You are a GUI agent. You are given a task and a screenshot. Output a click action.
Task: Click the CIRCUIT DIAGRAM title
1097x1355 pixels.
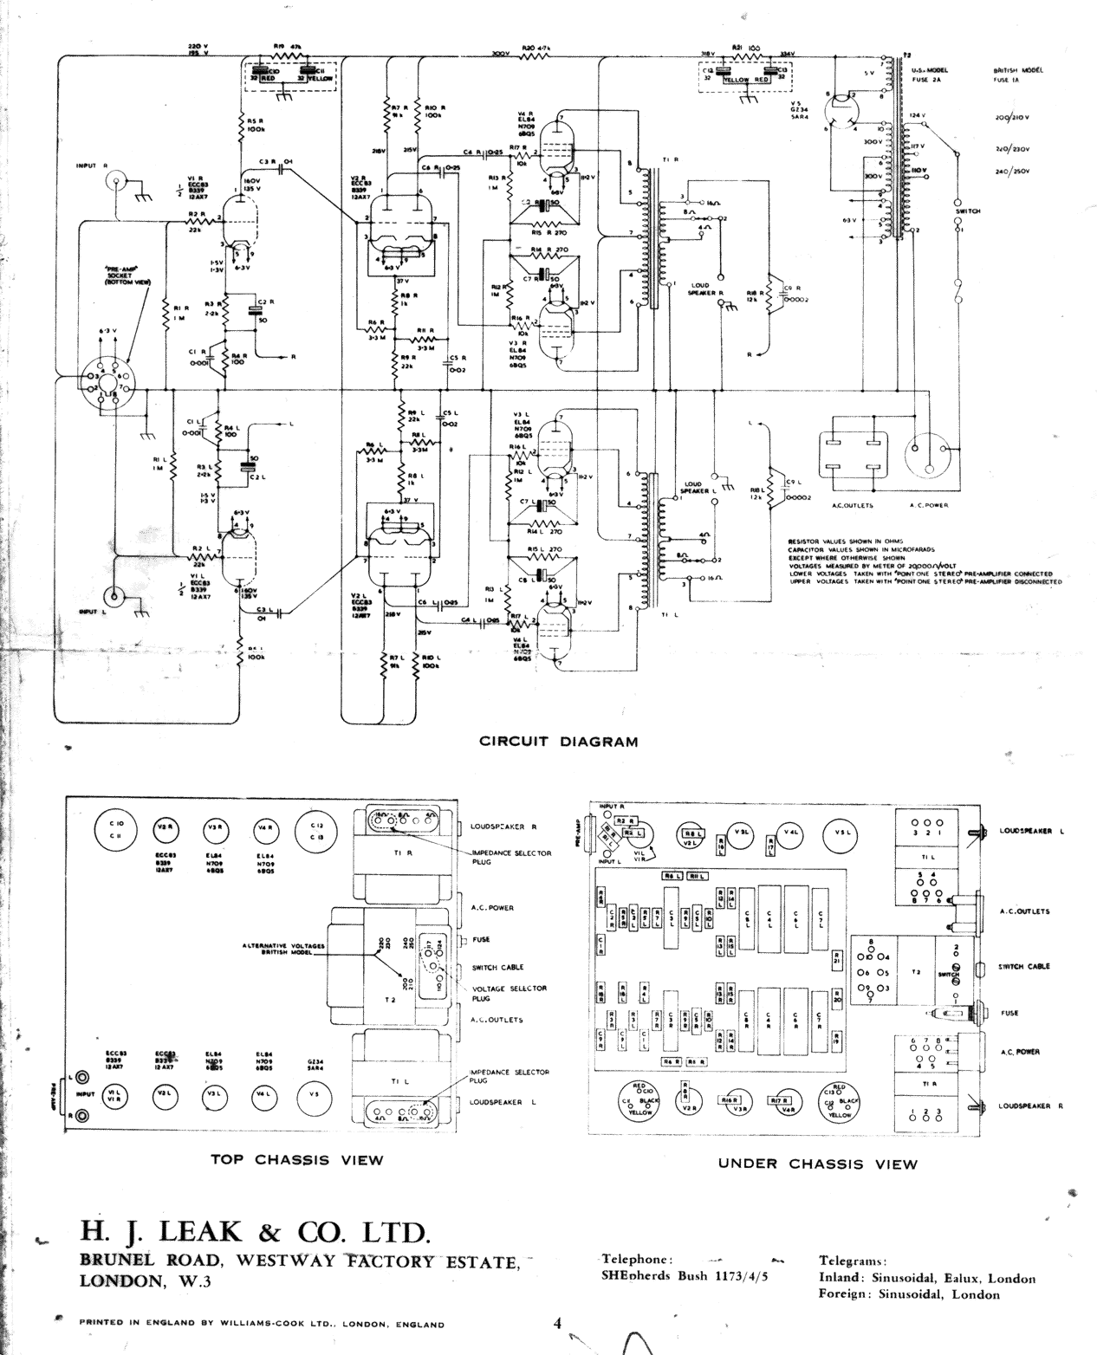pos(558,742)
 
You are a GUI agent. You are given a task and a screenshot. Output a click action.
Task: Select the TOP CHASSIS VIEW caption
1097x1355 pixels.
pos(296,1159)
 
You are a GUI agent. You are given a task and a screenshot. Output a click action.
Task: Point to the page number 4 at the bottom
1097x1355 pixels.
pos(558,1323)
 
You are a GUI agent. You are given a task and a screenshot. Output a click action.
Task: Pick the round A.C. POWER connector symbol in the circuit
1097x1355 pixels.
pos(927,454)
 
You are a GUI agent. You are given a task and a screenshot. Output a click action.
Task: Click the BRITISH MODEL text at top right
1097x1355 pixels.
pos(1017,70)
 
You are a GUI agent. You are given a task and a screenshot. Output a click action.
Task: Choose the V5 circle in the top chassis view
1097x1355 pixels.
pos(314,1095)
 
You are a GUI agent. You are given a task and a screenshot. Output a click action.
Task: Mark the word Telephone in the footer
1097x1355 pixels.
pos(636,1260)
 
